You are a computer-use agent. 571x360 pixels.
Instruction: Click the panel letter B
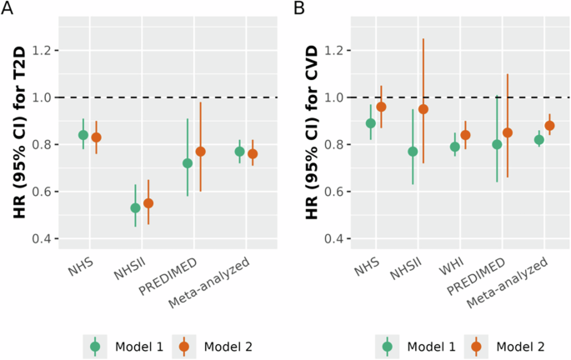[298, 9]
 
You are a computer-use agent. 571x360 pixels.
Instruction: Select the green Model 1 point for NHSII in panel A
[135, 207]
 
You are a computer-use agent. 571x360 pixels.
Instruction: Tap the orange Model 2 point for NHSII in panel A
[148, 202]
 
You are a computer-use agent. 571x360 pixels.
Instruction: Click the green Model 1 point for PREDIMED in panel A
[188, 162]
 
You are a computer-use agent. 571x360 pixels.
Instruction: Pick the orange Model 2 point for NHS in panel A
[96, 137]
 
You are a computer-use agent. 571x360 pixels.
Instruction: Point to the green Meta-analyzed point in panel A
[239, 151]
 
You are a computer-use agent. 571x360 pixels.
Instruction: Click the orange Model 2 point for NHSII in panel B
[423, 109]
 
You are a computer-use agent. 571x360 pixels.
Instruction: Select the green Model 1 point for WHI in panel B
[455, 147]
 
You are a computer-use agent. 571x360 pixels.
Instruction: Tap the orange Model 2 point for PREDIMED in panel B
[507, 132]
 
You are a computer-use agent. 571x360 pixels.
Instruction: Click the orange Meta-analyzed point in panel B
[549, 126]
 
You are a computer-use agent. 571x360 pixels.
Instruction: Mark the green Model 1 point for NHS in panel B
[371, 123]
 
